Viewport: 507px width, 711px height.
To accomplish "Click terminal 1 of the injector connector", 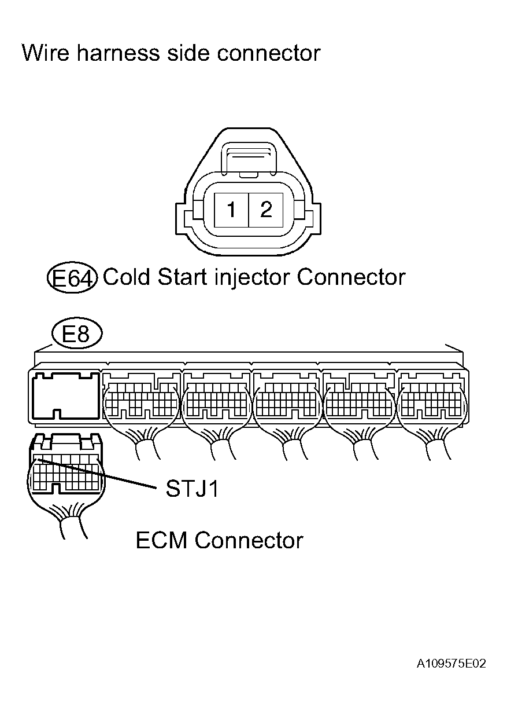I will (x=231, y=210).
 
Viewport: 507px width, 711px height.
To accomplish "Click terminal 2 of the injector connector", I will (x=266, y=210).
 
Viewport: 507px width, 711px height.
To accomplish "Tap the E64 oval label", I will (x=72, y=278).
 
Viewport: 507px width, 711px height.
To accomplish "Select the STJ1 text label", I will (x=192, y=489).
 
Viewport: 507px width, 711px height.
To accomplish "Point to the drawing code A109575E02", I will (x=451, y=663).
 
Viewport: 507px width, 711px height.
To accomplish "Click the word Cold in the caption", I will (x=125, y=277).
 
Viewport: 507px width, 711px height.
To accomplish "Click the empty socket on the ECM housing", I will (x=65, y=395).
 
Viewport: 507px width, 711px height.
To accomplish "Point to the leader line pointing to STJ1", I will (x=104, y=476).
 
